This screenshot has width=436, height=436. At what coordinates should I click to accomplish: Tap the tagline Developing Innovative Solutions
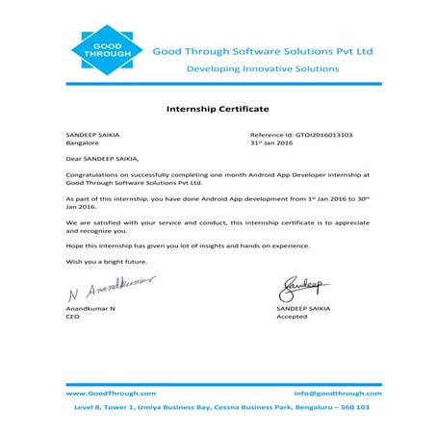pos(262,69)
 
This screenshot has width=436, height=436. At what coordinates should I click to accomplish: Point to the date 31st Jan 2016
pos(271,143)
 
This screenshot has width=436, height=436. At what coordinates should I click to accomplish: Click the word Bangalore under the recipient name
pos(84,143)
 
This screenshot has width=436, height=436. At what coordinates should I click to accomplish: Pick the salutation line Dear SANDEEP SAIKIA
pos(102,159)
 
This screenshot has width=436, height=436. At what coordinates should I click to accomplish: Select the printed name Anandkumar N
pos(90,307)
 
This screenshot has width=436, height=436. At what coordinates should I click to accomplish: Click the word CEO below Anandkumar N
pos(72,316)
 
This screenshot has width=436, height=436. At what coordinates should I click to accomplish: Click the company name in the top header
pos(263,50)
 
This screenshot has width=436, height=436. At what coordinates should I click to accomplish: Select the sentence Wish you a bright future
pos(106,262)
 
